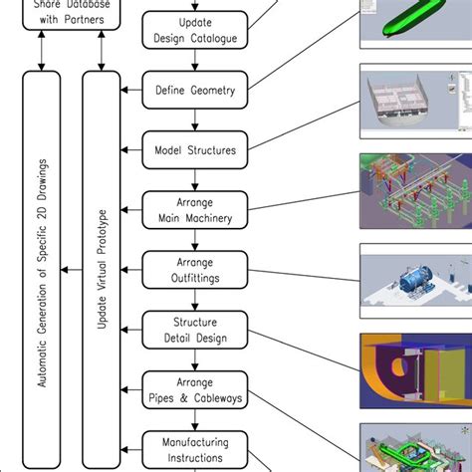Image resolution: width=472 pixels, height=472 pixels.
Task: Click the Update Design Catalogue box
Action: click(x=195, y=31)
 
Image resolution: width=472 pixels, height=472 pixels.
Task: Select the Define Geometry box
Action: click(x=195, y=91)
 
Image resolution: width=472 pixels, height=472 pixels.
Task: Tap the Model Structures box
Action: click(x=195, y=150)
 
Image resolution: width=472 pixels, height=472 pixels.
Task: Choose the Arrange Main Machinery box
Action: click(x=195, y=210)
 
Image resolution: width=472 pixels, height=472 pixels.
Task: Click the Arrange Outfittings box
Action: click(x=195, y=270)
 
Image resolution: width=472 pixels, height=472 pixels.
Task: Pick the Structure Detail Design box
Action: click(x=195, y=330)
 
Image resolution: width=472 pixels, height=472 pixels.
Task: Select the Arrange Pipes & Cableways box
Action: click(x=195, y=389)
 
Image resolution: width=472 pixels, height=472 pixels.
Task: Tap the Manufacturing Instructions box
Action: click(x=195, y=449)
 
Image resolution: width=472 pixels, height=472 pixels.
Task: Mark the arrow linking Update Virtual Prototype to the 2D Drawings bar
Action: click(x=71, y=269)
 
